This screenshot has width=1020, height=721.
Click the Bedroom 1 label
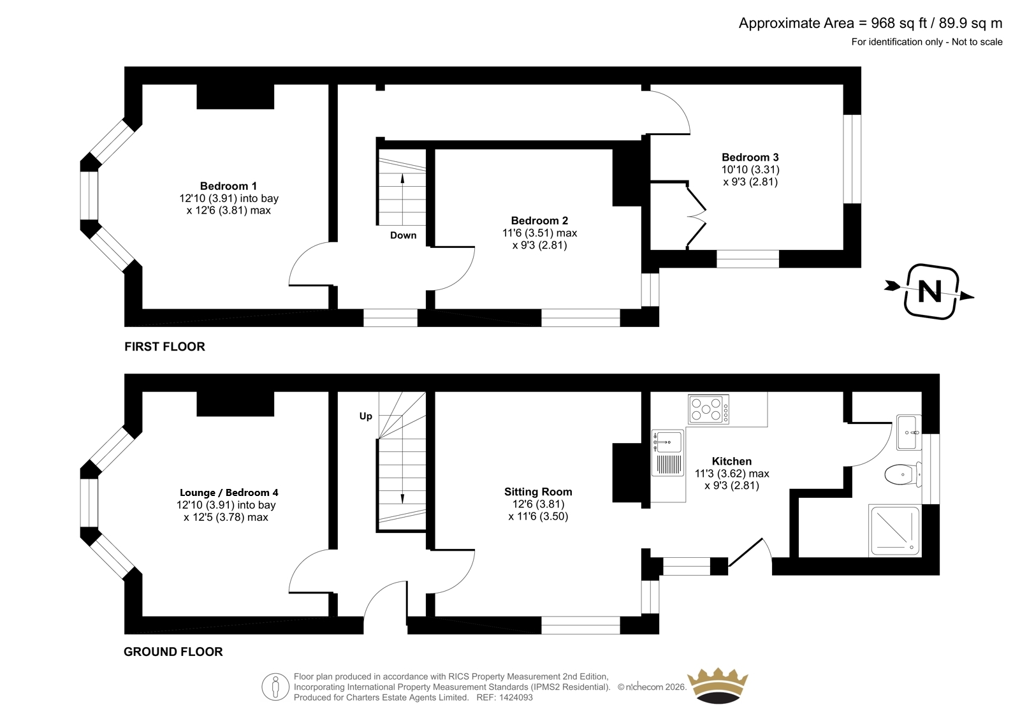(x=228, y=186)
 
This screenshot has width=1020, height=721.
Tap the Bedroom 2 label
(x=539, y=221)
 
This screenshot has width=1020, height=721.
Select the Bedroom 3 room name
(x=750, y=157)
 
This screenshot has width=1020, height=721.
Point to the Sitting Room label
(x=538, y=492)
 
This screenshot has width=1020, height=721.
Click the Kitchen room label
(x=731, y=461)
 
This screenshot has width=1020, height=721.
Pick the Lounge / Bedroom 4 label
(x=229, y=492)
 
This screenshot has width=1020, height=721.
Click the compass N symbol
(x=929, y=291)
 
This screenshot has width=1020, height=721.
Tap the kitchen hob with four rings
(x=709, y=409)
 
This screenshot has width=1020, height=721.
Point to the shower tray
(x=894, y=530)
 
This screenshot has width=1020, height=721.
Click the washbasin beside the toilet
(x=909, y=432)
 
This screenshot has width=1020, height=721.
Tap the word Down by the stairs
(x=403, y=235)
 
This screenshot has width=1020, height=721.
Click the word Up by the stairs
(x=366, y=416)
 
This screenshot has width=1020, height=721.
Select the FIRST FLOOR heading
(x=165, y=347)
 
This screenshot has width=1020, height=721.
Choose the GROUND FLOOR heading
(x=173, y=652)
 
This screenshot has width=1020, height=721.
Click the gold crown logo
(x=718, y=685)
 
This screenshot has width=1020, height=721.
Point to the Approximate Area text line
(x=870, y=23)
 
